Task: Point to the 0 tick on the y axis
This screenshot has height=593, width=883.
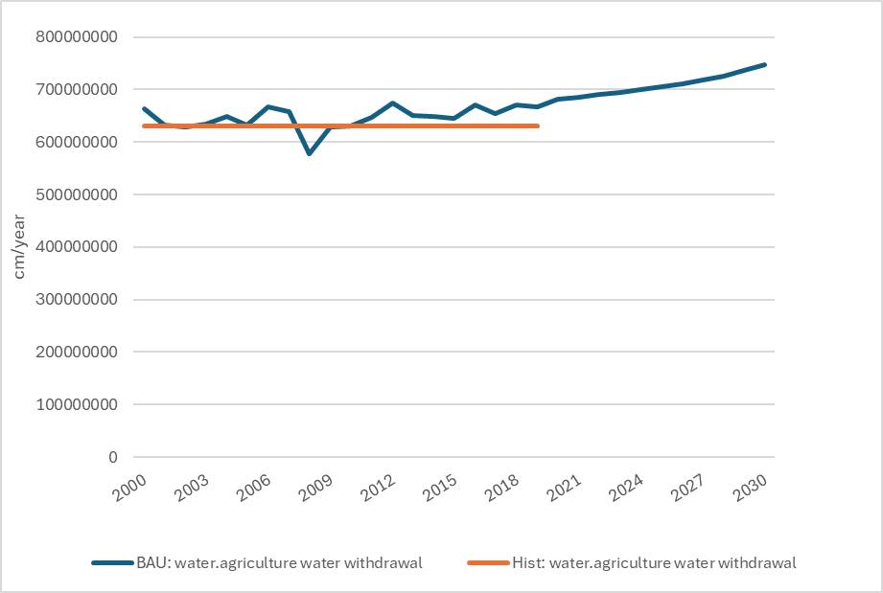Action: (112, 457)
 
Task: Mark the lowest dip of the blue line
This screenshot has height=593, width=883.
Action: (309, 153)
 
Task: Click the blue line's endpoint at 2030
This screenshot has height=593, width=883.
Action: (764, 65)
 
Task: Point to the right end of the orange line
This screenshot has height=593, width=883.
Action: (537, 125)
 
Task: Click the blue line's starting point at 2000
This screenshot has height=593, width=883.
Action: (144, 109)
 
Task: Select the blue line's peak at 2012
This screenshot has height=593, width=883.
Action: (392, 103)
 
